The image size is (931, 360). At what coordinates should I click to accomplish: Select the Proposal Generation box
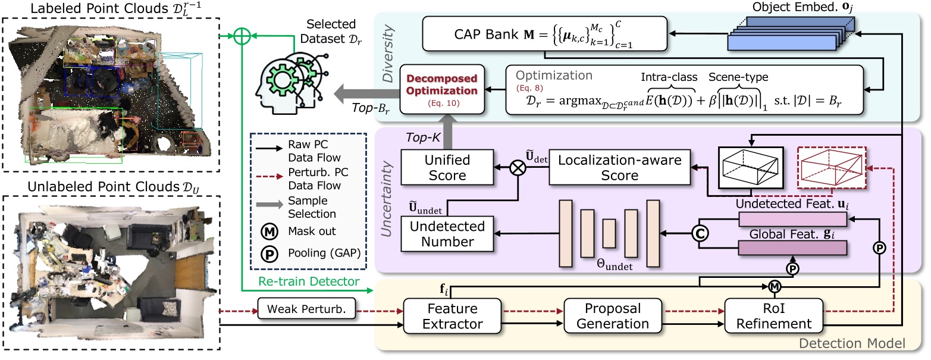click(x=607, y=317)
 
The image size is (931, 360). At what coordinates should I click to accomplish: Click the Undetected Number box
click(x=447, y=234)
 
